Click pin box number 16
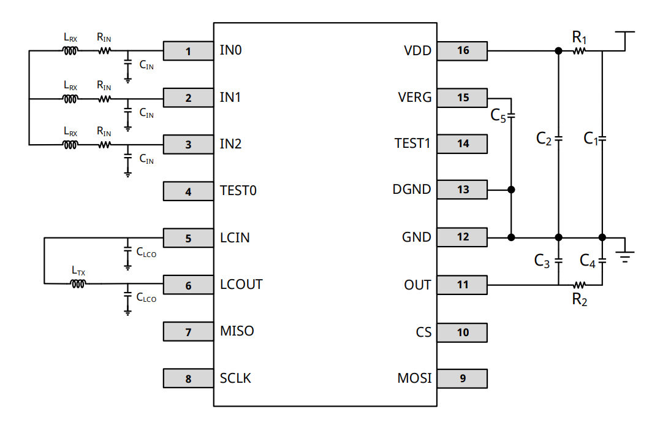tap(463, 51)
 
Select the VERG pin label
tap(414, 98)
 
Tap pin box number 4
tap(188, 191)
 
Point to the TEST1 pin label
tap(412, 144)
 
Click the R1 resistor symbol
tap(579, 52)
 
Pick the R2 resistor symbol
tap(579, 285)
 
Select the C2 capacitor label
tap(544, 139)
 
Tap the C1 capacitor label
tap(590, 139)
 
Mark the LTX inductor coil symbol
tap(78, 283)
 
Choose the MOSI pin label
tap(414, 378)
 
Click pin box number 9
tap(463, 378)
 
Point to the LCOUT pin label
tap(241, 285)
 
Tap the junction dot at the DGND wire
tap(512, 190)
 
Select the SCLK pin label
tap(235, 378)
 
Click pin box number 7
tap(188, 332)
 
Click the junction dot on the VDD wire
tap(558, 52)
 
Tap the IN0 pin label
tap(230, 50)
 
